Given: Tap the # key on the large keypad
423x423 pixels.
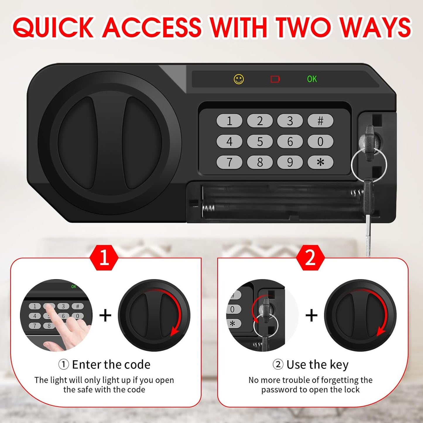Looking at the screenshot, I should tap(320, 121).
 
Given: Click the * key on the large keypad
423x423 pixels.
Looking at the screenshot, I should tap(320, 162).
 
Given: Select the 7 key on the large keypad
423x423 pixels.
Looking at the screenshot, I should tap(229, 162).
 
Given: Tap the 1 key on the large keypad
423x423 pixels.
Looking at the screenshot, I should tap(229, 121).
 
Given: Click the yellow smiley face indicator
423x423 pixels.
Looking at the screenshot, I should tap(239, 79).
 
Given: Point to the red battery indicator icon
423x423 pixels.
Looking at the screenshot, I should tap(275, 79).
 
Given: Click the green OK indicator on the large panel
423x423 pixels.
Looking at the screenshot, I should tap(312, 79).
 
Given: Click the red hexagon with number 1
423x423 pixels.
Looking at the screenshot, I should tap(104, 258).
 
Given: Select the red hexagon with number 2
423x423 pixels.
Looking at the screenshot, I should tap(310, 258).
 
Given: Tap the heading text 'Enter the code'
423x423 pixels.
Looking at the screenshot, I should tap(111, 365).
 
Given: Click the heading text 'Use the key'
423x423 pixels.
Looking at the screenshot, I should tap(317, 365).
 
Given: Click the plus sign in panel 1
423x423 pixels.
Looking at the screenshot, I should tap(105, 316).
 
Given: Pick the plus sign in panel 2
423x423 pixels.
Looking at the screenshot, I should tap(311, 316).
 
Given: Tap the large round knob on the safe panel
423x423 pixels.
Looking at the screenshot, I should tap(110, 143).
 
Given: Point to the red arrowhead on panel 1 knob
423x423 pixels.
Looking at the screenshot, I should tap(175, 332).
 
